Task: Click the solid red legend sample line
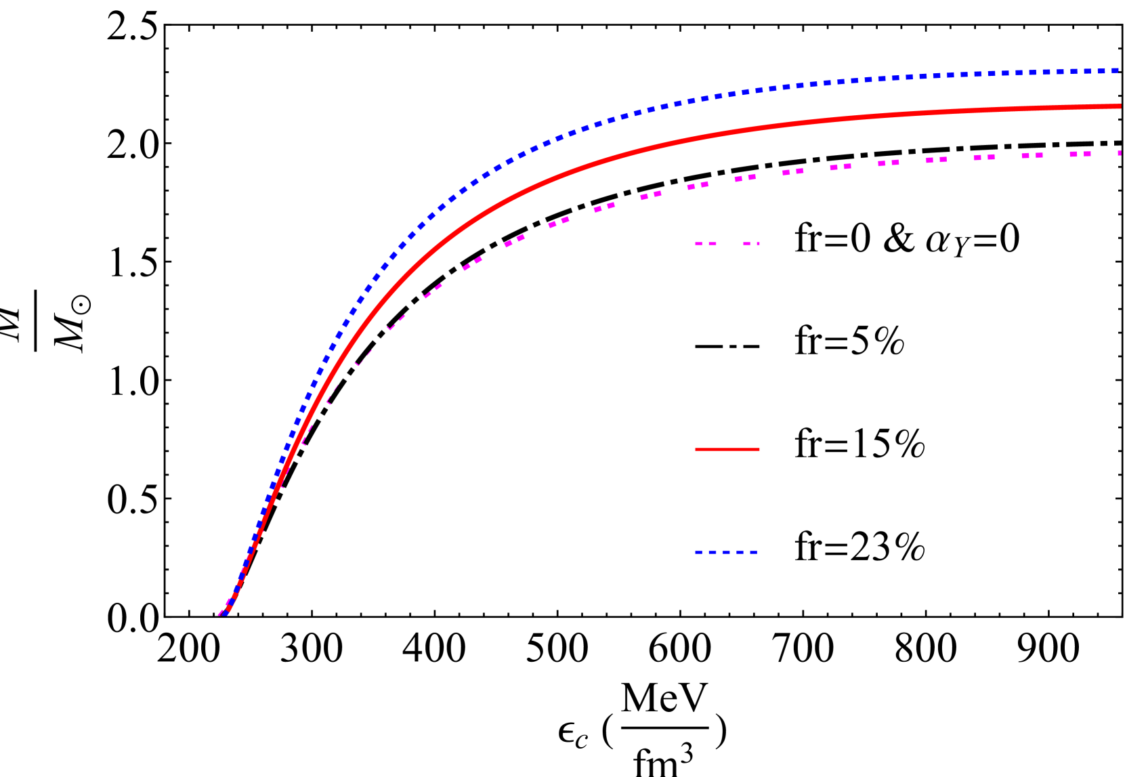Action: pos(727,449)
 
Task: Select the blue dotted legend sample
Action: pos(726,552)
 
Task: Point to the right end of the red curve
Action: pos(1120,106)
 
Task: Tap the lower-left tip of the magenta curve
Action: pos(219,615)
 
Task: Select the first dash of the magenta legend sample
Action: pos(698,244)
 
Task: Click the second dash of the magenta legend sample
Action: pos(713,244)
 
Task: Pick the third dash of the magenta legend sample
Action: pos(746,244)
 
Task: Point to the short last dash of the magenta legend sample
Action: pos(758,244)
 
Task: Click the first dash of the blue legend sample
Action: pos(698,552)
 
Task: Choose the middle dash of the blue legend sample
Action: pos(726,552)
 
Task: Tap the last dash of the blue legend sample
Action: pos(753,552)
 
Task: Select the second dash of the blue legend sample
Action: pos(713,552)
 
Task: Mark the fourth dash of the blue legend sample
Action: pos(740,552)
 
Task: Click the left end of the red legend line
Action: pos(696,449)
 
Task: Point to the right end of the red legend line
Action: pos(759,449)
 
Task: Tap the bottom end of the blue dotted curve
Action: pos(226,614)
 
